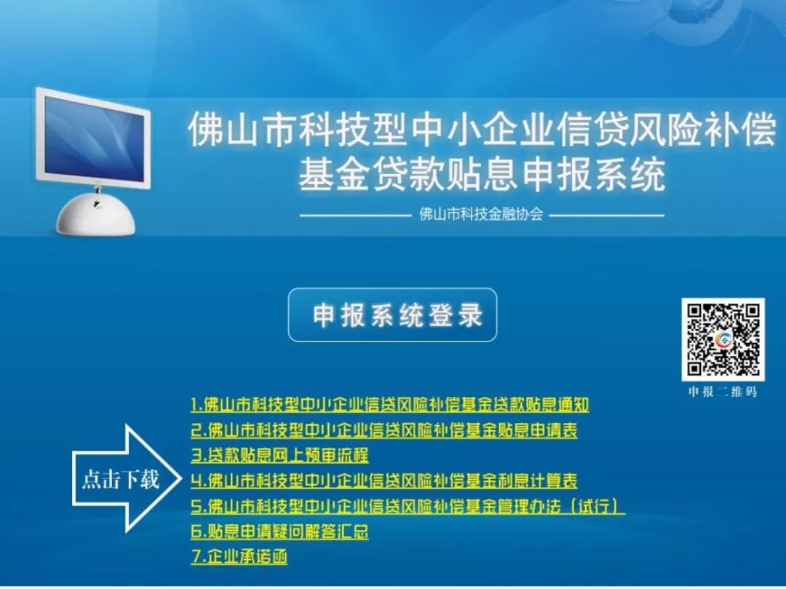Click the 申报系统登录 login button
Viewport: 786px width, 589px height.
click(392, 315)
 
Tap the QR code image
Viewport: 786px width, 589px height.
click(723, 339)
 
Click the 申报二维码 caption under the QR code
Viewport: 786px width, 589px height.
click(723, 392)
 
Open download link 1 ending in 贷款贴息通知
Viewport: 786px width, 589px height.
click(390, 405)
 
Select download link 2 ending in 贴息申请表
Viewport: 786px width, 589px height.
click(384, 430)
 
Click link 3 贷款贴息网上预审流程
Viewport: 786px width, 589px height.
click(279, 455)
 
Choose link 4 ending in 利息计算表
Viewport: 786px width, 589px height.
click(384, 481)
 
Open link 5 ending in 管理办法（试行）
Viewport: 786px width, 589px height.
click(408, 506)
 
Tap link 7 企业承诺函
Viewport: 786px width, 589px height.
click(239, 556)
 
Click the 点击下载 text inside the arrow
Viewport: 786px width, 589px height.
click(121, 479)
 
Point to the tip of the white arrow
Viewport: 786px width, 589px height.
click(180, 478)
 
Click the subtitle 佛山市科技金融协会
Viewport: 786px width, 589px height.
click(481, 215)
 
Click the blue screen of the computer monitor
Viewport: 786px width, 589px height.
click(94, 138)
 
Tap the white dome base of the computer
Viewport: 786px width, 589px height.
click(96, 214)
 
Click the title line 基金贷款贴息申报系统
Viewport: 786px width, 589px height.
click(482, 175)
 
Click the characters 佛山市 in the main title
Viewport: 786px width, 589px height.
click(242, 130)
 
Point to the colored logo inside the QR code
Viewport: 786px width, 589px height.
click(723, 340)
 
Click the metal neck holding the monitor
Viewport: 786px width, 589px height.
click(98, 189)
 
